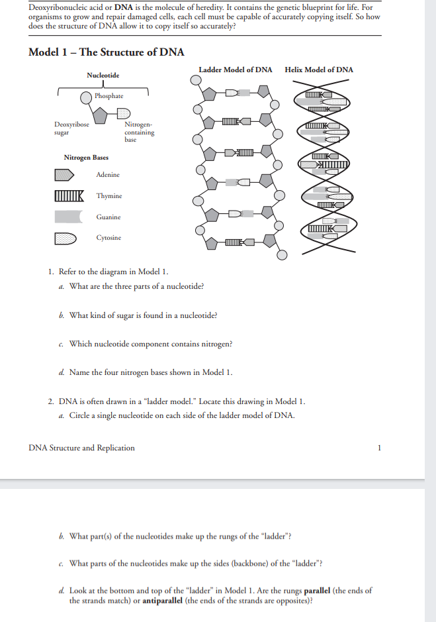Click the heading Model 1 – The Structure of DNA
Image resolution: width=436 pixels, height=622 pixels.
(x=107, y=52)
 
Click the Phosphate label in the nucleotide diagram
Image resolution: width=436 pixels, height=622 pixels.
(x=109, y=96)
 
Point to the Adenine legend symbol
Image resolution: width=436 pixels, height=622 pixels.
(x=65, y=175)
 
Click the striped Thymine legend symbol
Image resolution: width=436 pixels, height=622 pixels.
(x=69, y=196)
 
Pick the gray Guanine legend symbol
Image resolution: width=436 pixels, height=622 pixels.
(x=67, y=217)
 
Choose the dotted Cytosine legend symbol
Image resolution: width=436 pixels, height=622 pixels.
(x=66, y=238)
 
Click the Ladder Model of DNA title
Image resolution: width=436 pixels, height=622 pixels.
(x=235, y=70)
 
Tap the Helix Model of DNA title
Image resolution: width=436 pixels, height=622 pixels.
(x=318, y=70)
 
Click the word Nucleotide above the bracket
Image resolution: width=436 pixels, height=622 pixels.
(x=103, y=76)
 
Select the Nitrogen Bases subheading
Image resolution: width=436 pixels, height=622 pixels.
(x=86, y=158)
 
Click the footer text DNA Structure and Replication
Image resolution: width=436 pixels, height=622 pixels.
(x=82, y=448)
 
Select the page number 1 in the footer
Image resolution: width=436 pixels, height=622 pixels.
(x=379, y=448)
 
